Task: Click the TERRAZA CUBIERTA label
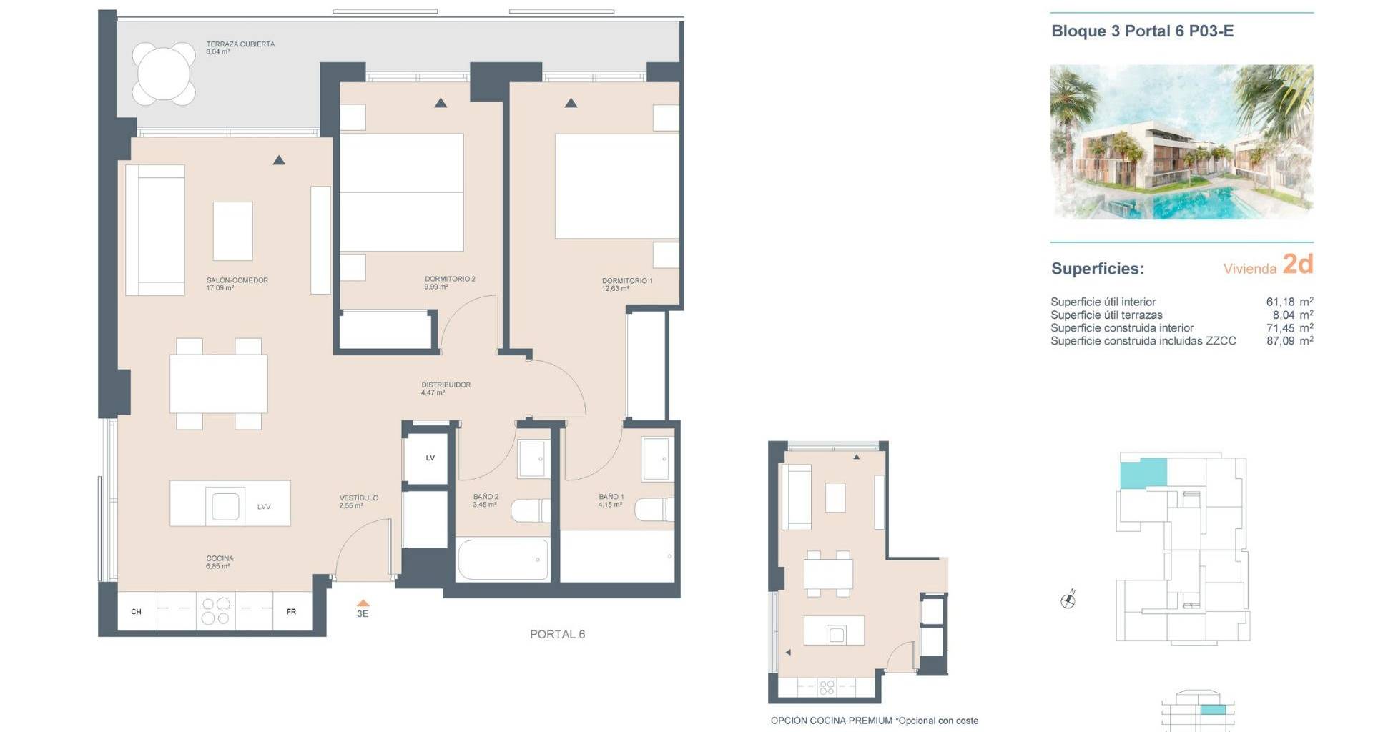pos(240,44)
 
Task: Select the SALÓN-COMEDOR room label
pos(237,280)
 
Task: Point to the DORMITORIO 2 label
pos(450,279)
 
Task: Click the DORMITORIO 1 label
pos(627,281)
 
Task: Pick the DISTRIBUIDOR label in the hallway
pos(446,385)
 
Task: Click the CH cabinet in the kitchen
pos(137,611)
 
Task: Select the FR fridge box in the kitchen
pos(292,611)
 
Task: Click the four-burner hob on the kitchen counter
pos(215,611)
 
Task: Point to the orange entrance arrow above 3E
pos(363,603)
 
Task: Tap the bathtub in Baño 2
pos(503,560)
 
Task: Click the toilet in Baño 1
pos(654,510)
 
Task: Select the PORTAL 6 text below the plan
pos(557,634)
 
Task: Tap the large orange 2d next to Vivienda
pos(1298,264)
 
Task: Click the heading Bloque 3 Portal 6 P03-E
pos(1142,31)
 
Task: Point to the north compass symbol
pos(1068,600)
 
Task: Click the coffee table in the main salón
pos(233,231)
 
